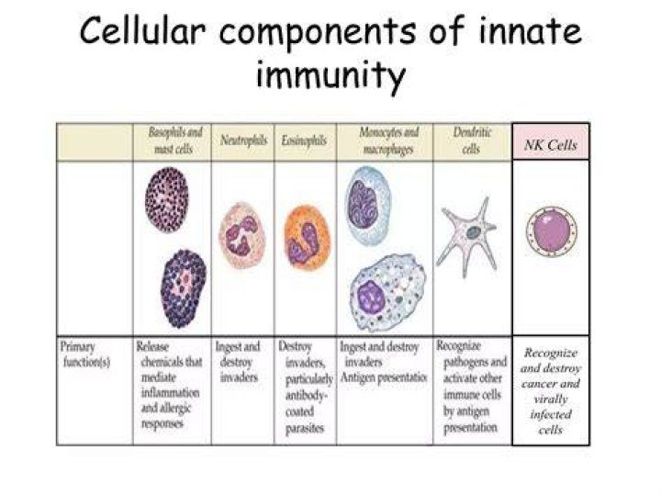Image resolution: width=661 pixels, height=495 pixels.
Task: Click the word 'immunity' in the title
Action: click(x=330, y=75)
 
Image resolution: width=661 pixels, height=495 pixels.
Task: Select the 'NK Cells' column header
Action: click(x=551, y=145)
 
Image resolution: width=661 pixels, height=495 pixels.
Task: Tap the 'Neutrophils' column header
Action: click(x=243, y=140)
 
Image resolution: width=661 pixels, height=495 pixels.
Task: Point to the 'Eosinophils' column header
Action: click(x=304, y=140)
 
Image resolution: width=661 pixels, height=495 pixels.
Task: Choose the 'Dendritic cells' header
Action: click(x=472, y=141)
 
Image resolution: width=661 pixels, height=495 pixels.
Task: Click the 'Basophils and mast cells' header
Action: click(x=174, y=140)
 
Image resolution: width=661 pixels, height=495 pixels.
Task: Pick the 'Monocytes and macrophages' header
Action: click(x=388, y=141)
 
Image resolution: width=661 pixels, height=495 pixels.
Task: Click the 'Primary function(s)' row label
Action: click(x=85, y=354)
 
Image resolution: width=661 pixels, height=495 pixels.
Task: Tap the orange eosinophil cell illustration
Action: click(x=307, y=237)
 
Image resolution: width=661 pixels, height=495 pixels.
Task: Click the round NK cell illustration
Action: click(x=552, y=231)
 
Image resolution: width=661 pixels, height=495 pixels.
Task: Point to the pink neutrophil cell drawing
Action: click(x=242, y=235)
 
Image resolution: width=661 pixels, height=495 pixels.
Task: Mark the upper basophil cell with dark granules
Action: click(x=167, y=199)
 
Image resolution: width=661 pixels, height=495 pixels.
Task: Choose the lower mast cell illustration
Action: click(x=184, y=288)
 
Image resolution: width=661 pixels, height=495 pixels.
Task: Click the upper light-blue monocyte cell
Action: click(x=368, y=207)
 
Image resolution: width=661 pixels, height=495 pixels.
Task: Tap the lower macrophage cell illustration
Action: click(x=387, y=292)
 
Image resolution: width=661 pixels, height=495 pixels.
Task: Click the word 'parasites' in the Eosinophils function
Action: click(x=305, y=429)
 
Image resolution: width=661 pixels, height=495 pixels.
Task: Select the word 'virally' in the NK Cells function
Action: click(x=551, y=399)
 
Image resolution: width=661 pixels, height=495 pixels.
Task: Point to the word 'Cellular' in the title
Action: click(x=142, y=30)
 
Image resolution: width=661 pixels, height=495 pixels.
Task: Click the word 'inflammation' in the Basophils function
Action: click(x=171, y=392)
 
